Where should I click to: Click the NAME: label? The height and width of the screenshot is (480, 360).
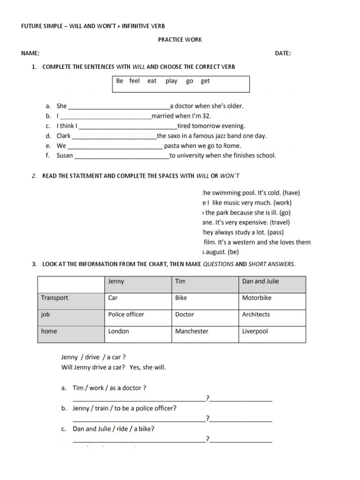pos(30,53)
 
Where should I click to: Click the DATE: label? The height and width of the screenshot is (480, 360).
pos(283,53)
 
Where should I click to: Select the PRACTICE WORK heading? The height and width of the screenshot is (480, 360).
pos(180,39)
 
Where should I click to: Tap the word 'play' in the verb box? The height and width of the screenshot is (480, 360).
pos(171,81)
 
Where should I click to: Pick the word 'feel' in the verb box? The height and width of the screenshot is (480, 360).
pos(135,81)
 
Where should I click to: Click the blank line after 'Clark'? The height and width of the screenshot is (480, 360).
pos(114,136)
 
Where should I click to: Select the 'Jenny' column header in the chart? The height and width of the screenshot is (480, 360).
pos(116,281)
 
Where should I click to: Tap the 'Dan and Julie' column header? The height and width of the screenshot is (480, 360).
pos(260,281)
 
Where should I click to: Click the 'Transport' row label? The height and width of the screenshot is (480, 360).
pos(54,298)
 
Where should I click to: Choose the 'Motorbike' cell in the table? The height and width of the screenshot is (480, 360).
pos(256,298)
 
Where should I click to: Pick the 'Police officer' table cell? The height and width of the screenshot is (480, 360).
pos(126,315)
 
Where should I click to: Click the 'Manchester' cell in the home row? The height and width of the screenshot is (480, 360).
pos(192,331)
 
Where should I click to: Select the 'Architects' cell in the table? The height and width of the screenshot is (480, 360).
pos(256,315)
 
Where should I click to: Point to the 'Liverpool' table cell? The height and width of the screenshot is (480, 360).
pos(255,331)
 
